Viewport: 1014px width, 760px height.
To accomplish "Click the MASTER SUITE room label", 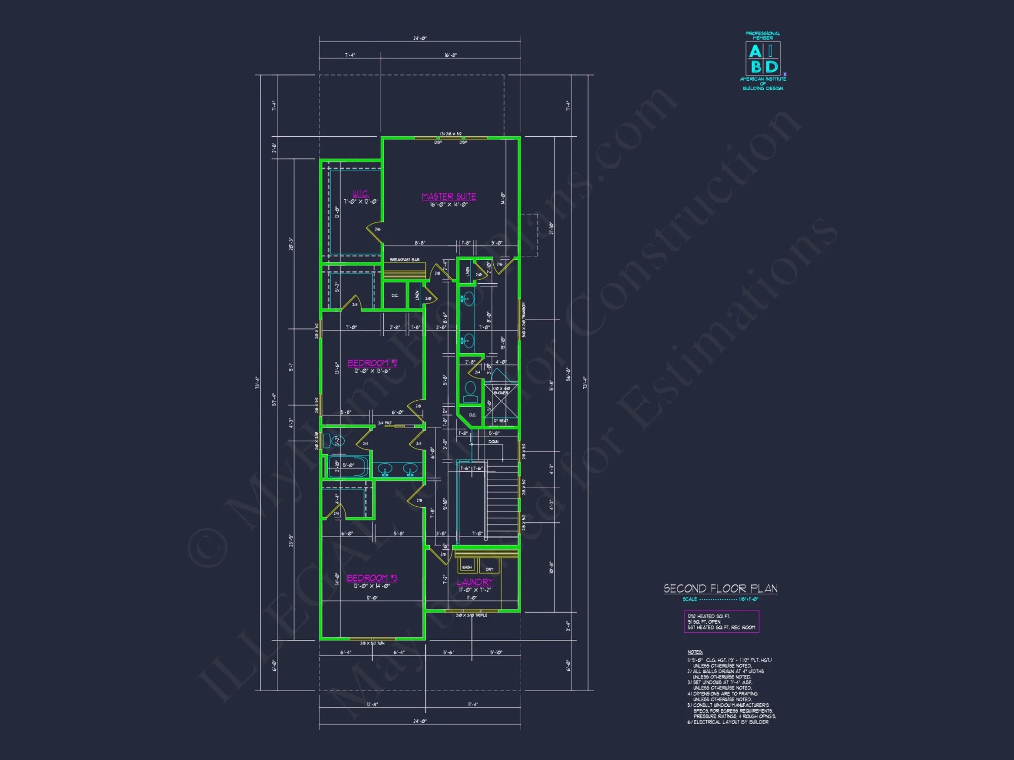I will [x=449, y=197].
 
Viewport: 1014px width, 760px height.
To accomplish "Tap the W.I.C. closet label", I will [x=361, y=194].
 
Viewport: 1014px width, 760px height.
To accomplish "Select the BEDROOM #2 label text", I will [x=372, y=363].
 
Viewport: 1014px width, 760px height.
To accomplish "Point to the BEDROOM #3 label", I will [x=372, y=578].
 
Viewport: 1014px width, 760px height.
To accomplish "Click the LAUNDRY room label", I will [x=475, y=582].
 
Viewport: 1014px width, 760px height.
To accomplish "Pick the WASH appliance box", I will [x=467, y=566].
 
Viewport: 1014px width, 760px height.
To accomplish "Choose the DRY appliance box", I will [x=489, y=568].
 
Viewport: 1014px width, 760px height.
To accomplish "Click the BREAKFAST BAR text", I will [x=404, y=260].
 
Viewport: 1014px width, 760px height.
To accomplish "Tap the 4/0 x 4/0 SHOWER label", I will [x=501, y=391].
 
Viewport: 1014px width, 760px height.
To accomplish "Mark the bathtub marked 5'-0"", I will [x=348, y=466].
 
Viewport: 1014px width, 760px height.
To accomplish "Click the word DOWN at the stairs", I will [x=493, y=442].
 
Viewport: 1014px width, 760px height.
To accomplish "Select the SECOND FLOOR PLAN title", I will [x=720, y=589].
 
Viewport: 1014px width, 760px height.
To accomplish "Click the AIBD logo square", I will [x=763, y=59].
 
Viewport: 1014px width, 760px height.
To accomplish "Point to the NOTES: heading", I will [x=695, y=652].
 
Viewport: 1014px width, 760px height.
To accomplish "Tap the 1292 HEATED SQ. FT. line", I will [x=709, y=616].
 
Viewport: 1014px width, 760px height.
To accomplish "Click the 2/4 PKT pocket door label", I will [x=385, y=423].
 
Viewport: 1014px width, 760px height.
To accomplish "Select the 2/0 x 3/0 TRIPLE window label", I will [x=472, y=615].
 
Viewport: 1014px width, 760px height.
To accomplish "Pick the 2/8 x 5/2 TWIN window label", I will [x=372, y=643].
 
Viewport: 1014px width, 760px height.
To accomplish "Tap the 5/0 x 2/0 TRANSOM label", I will [x=524, y=320].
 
